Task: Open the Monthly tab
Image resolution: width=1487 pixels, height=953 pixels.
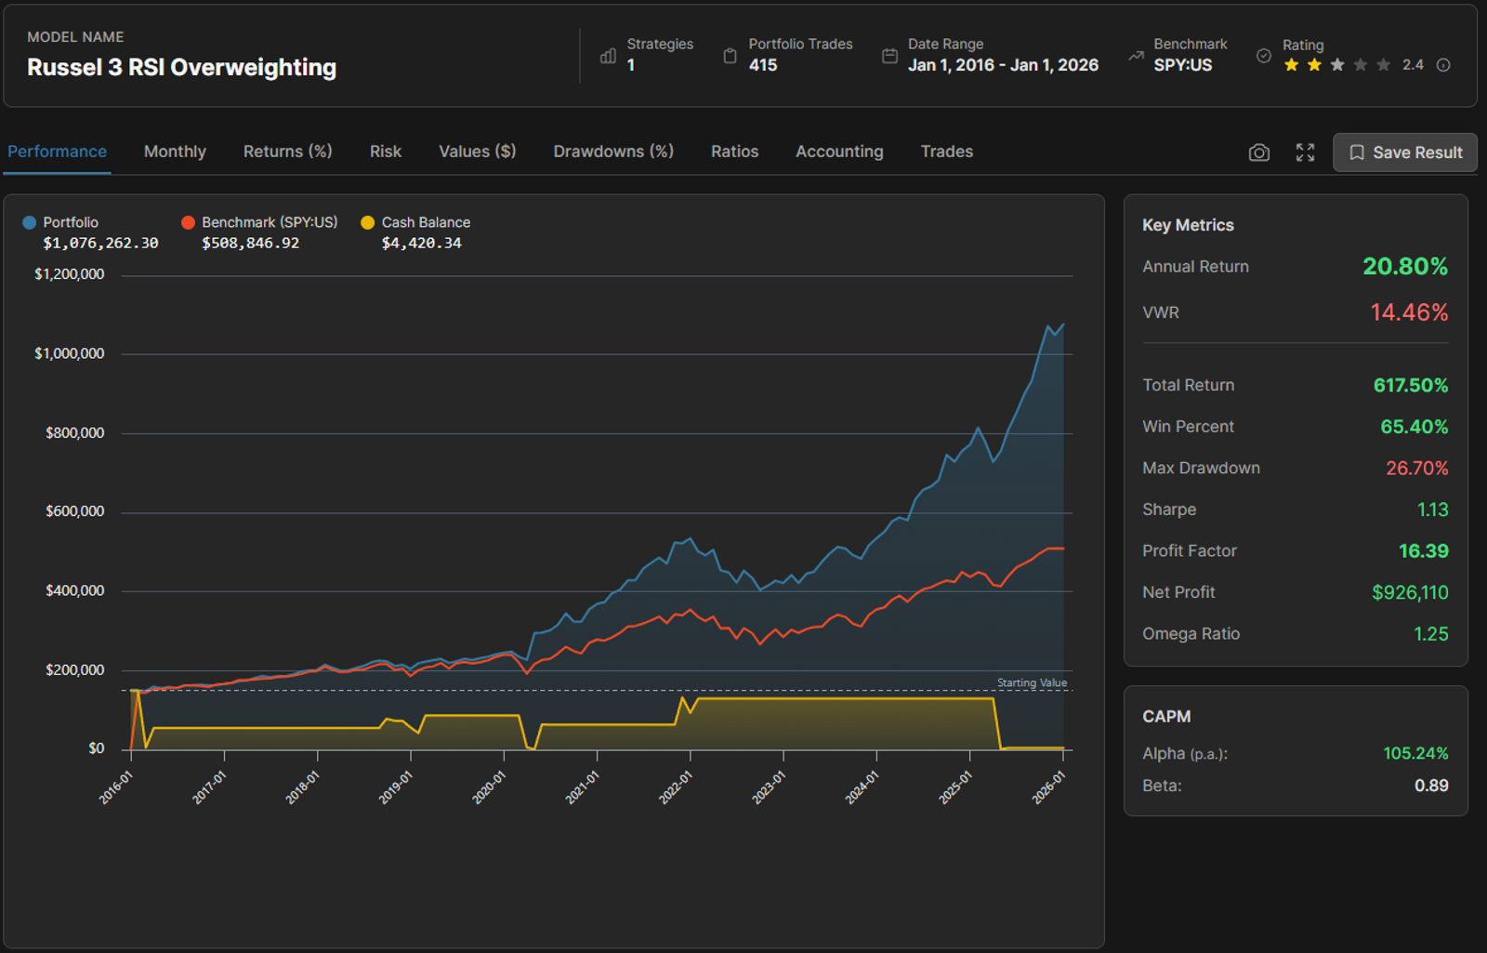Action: click(175, 152)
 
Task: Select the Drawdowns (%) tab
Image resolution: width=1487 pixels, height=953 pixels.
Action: click(613, 152)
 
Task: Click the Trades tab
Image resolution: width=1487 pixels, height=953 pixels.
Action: click(947, 152)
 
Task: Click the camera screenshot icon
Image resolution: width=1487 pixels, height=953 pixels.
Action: click(1258, 152)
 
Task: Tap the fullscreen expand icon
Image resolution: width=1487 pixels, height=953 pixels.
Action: click(1305, 152)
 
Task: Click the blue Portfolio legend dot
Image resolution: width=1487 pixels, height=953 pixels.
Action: click(29, 222)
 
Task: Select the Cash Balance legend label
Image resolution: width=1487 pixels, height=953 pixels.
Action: click(426, 222)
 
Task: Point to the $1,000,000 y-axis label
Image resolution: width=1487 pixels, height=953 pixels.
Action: click(69, 353)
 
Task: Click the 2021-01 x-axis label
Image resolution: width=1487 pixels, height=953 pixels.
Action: click(583, 788)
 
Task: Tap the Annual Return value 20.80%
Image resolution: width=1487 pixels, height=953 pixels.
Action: click(1404, 266)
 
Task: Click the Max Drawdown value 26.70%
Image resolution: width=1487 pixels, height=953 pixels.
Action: click(1416, 469)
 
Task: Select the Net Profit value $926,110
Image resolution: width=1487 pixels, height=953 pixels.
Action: click(1410, 592)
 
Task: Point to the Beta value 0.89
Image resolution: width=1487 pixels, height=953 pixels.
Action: click(1431, 786)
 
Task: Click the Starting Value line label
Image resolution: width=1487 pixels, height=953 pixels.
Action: click(1032, 682)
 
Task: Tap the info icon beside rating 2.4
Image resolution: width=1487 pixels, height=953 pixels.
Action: click(1443, 65)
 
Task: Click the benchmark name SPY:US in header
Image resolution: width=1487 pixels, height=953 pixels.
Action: click(1182, 65)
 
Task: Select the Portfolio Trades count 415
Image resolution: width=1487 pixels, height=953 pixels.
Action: click(763, 65)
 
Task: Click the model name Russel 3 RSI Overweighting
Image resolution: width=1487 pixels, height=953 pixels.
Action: click(182, 67)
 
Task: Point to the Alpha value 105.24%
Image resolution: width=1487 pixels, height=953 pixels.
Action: click(1415, 753)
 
